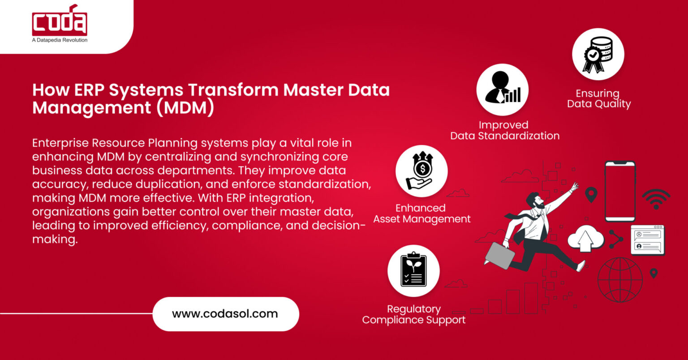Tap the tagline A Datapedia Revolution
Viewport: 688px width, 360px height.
(x=60, y=40)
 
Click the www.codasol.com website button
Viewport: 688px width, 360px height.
(x=225, y=313)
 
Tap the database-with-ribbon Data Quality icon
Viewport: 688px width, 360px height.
(x=598, y=55)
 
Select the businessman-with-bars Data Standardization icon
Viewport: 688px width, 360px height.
(x=502, y=89)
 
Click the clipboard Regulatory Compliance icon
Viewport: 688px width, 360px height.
(x=413, y=270)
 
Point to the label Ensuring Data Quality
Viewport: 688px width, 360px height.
(x=598, y=99)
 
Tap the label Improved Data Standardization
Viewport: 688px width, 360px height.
(x=504, y=130)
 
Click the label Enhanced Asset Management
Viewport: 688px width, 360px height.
(x=421, y=214)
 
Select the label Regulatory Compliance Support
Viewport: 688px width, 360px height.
(x=413, y=314)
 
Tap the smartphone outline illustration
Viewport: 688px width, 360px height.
(x=620, y=191)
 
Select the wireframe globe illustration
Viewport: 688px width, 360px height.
(x=620, y=279)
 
